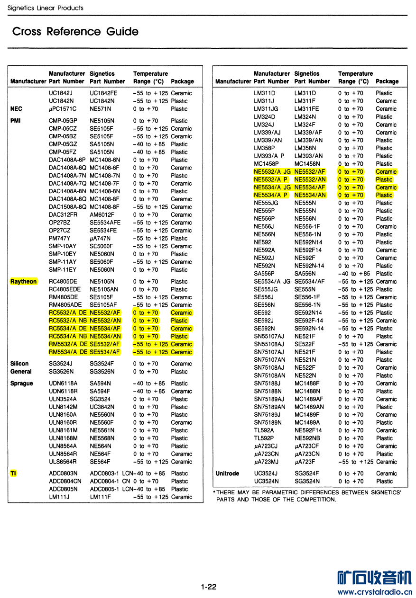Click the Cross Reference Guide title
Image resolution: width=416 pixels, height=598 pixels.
[75, 32]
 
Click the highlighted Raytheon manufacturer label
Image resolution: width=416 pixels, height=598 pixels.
[23, 282]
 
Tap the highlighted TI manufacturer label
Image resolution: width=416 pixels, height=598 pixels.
[13, 473]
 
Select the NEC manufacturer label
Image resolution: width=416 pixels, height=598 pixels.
[16, 109]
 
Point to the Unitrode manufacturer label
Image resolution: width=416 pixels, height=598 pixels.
[227, 473]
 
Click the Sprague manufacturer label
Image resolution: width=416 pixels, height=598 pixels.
[22, 384]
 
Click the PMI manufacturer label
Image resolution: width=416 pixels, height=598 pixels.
[15, 121]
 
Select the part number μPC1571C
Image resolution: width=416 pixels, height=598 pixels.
[63, 109]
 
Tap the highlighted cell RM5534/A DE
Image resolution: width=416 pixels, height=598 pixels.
[68, 352]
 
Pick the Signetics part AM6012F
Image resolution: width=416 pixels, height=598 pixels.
[102, 215]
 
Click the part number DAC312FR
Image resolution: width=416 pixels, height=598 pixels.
[63, 215]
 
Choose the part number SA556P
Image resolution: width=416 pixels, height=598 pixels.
[264, 274]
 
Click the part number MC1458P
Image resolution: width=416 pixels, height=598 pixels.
[266, 164]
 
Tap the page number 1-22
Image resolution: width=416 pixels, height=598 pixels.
[208, 587]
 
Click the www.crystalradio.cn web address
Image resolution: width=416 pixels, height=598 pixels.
[375, 592]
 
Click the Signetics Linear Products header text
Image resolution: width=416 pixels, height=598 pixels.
[46, 8]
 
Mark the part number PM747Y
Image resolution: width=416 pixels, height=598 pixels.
[60, 238]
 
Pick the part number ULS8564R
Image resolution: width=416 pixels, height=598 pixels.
[63, 462]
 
